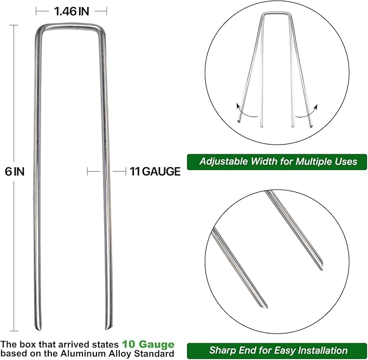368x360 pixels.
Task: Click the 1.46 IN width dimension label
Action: tap(70, 10)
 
